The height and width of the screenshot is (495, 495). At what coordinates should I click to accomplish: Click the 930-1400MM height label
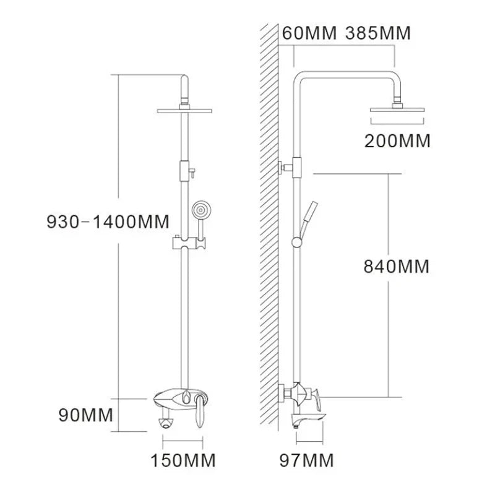(x=110, y=221)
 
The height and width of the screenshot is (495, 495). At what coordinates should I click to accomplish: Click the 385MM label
(x=374, y=32)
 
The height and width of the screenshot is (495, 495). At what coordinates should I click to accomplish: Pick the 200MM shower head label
(x=397, y=140)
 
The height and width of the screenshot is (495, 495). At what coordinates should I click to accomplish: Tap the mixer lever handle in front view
(x=202, y=411)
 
